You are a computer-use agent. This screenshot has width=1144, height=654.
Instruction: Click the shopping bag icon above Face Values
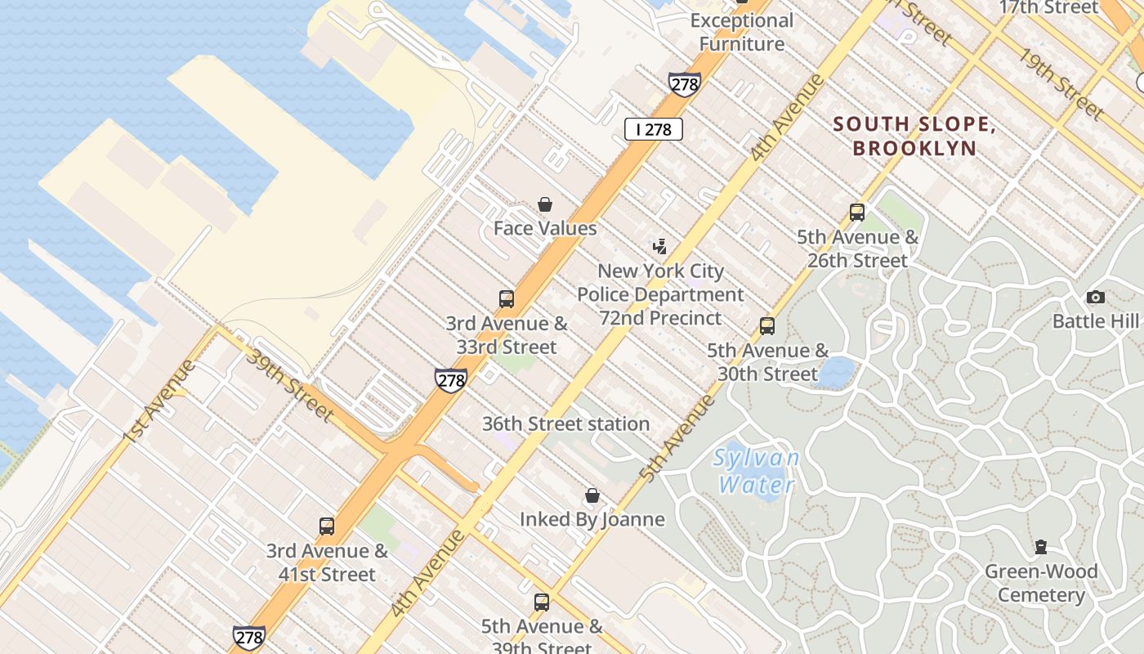tap(545, 204)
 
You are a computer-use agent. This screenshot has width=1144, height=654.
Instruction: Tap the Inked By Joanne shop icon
tap(592, 496)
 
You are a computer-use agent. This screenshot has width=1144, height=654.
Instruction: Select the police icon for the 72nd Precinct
tap(659, 246)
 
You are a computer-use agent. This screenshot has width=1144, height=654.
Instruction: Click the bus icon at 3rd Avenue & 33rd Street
tap(507, 299)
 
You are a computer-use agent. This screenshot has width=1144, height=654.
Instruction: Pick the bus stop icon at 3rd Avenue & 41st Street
tap(327, 526)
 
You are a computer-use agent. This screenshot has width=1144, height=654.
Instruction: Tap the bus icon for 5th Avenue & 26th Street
tap(857, 213)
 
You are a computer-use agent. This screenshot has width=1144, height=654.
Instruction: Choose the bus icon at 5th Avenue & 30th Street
tap(767, 326)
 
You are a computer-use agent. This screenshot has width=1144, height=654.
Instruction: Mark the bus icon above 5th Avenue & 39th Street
tap(542, 603)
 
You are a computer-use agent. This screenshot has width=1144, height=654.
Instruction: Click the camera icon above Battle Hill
tap(1096, 297)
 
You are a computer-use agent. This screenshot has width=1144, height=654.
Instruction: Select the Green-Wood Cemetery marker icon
tap(1041, 547)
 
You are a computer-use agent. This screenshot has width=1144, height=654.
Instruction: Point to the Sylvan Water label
tap(756, 471)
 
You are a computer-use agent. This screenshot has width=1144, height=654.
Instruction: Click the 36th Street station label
tap(565, 423)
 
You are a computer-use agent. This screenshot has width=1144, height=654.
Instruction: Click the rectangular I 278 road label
tap(654, 129)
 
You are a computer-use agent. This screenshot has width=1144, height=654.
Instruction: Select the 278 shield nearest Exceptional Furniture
tap(684, 84)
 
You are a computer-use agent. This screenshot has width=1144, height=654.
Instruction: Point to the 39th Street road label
tap(291, 385)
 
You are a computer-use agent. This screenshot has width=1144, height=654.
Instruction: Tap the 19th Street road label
tap(1060, 83)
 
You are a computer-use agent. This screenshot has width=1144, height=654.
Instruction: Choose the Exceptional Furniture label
tap(742, 32)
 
